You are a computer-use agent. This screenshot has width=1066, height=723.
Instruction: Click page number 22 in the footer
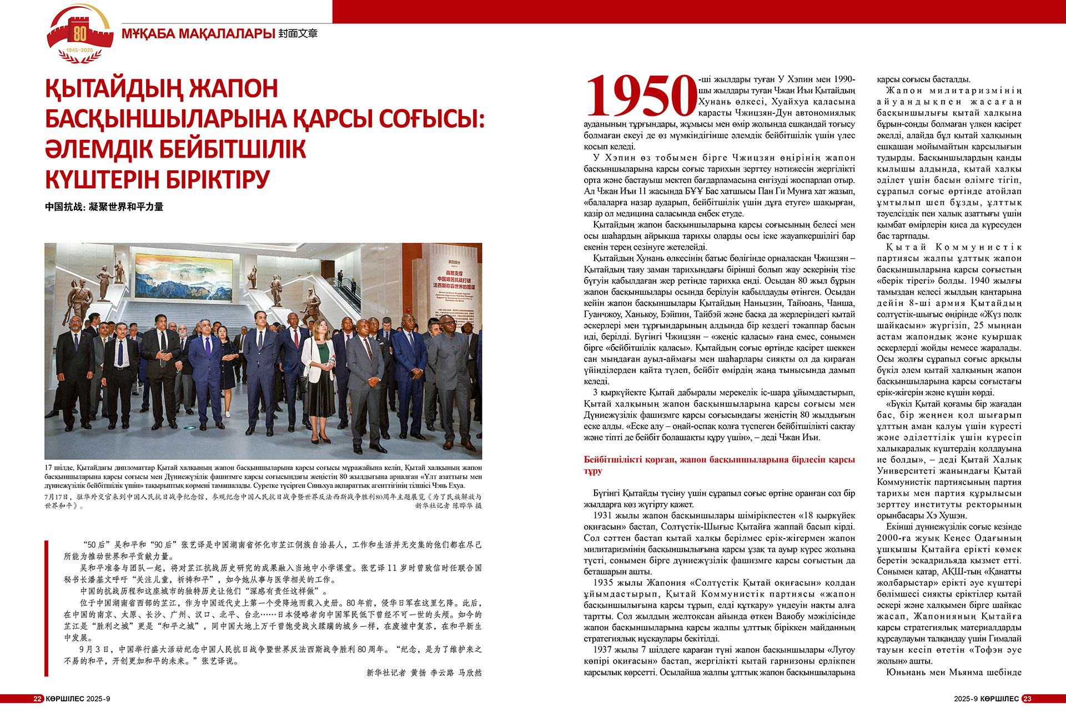point(37,699)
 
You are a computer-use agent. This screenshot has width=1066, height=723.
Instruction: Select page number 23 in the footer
point(1027,699)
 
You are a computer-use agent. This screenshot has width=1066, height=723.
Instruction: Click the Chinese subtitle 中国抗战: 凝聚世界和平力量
point(104,207)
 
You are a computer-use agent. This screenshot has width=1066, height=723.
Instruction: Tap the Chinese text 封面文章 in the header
point(298,34)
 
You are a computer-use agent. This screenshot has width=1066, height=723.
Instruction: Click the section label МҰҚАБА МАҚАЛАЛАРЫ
point(198,34)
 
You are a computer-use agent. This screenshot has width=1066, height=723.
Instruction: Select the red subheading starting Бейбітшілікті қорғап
point(718,465)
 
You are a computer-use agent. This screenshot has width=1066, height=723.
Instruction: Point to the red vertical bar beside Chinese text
point(47,608)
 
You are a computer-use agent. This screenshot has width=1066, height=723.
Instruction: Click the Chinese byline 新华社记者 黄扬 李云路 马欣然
point(424,673)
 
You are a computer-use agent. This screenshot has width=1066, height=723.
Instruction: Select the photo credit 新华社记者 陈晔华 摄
point(448,505)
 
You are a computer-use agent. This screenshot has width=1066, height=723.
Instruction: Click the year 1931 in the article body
point(603,515)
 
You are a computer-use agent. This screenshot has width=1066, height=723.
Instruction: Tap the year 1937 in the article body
point(603,650)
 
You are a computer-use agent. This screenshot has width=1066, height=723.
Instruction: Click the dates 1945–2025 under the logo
point(79,50)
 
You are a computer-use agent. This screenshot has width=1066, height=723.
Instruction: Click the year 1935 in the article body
point(603,583)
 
